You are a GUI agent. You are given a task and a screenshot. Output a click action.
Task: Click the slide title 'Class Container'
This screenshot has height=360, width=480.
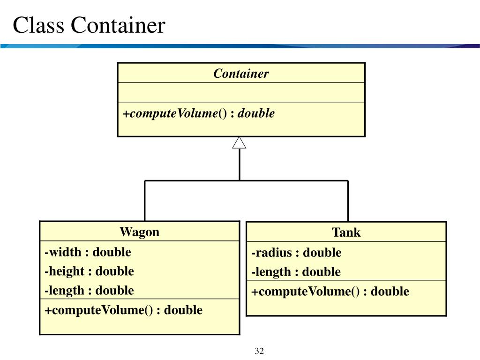coord(89,25)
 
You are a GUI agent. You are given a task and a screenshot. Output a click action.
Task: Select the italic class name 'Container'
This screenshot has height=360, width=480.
coord(241,74)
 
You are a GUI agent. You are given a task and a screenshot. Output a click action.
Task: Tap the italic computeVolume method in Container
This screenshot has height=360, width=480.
coord(198,113)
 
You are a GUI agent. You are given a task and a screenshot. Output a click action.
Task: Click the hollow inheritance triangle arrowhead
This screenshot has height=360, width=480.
coord(239,143)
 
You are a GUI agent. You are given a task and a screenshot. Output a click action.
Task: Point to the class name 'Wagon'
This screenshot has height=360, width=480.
coord(139,232)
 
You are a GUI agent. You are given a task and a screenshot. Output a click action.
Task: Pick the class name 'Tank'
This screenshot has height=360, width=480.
coord(346,232)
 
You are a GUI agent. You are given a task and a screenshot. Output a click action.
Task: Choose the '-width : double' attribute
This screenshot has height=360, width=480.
coord(88,252)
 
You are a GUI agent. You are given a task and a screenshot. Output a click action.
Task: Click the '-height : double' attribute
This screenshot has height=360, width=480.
coord(89,271)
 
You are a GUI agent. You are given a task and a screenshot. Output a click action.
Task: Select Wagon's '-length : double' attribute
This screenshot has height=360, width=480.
coord(89,291)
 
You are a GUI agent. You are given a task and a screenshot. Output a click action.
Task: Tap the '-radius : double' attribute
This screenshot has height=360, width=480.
coord(296,253)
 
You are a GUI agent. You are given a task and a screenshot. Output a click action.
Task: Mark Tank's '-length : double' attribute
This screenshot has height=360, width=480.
coord(296,272)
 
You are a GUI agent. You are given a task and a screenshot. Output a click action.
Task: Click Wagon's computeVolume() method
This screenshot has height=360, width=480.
coord(123,310)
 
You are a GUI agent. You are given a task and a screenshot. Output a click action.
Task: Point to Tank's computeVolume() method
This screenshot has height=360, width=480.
coord(330,292)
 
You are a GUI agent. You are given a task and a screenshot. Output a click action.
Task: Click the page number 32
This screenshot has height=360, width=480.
coord(260,351)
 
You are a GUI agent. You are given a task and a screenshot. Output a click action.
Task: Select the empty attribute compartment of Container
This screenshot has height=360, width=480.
coord(241,92)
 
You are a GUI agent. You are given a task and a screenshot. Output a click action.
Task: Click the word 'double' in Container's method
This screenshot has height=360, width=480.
coord(256,113)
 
